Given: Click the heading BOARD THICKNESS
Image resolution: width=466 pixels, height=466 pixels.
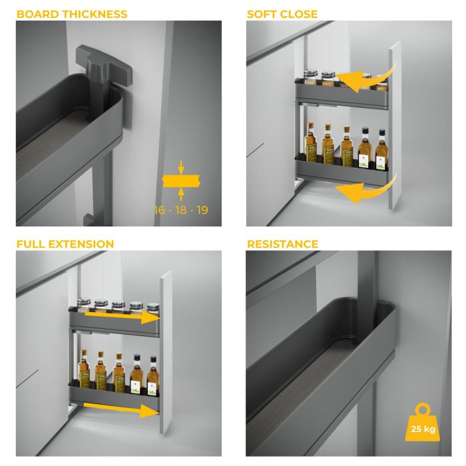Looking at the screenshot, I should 72,14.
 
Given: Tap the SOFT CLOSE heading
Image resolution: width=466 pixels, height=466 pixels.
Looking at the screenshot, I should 282,14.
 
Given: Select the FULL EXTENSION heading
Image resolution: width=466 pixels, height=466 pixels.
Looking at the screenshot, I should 65,244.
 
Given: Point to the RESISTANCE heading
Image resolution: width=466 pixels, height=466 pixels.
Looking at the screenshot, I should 282,244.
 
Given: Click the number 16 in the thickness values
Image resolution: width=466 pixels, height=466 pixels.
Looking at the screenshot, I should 160,210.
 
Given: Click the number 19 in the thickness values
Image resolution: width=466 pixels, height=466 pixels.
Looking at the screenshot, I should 201,210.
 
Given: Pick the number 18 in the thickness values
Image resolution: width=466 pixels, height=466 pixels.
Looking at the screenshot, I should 180,210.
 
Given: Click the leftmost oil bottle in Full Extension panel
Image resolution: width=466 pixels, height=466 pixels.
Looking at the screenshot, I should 84,370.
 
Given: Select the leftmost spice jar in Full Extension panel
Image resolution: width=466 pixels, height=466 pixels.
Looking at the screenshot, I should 83,307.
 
